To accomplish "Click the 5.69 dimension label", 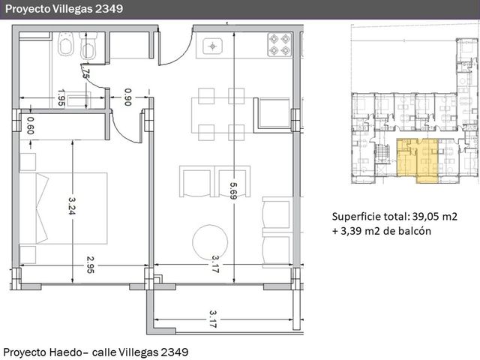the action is pyautogui.click(x=233, y=190).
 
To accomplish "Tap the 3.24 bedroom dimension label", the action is pyautogui.click(x=72, y=205).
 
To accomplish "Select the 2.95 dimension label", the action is pyautogui.click(x=90, y=265).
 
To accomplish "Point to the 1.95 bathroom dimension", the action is pyautogui.click(x=61, y=97).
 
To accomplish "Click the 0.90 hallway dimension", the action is pyautogui.click(x=128, y=97).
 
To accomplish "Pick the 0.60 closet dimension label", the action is pyautogui.click(x=30, y=125).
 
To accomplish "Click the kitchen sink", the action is pyautogui.click(x=213, y=46).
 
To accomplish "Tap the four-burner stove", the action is pyautogui.click(x=280, y=45).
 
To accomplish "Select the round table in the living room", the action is pyautogui.click(x=210, y=241).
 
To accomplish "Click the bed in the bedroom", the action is pyautogui.click(x=63, y=208).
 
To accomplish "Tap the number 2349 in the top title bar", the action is pyautogui.click(x=109, y=9).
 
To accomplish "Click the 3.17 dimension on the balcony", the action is pyautogui.click(x=213, y=319).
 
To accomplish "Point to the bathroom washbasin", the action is pyautogui.click(x=79, y=100).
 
